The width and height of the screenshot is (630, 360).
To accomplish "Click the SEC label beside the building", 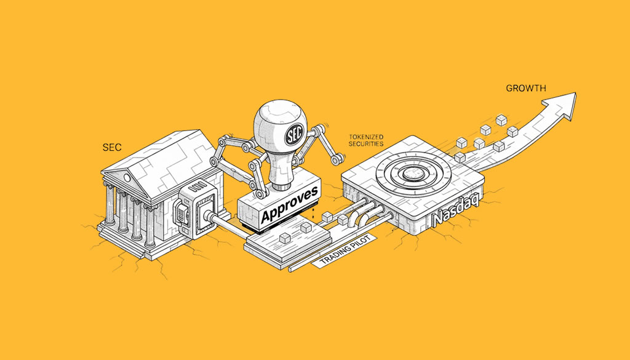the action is [x=112, y=148].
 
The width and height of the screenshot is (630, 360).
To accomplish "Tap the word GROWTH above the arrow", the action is [x=525, y=89].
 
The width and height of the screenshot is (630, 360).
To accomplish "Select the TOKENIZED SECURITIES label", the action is [x=365, y=141].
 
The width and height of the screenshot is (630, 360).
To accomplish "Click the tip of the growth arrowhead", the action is [x=576, y=93].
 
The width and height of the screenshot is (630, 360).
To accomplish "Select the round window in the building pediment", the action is [x=127, y=177].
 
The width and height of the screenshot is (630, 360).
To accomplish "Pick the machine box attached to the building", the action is [x=196, y=209].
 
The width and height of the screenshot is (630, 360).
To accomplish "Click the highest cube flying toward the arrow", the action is [x=501, y=120].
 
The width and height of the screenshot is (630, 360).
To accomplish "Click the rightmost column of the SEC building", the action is [x=150, y=226].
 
